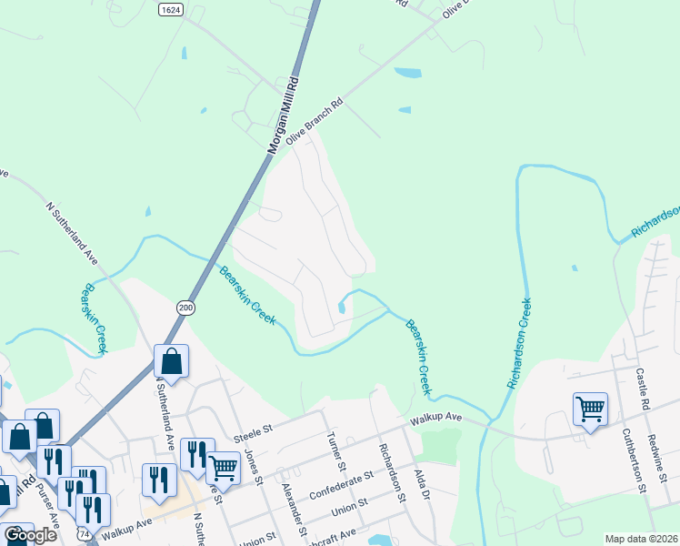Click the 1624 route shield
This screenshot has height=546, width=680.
(x=169, y=9)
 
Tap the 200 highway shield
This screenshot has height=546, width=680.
(x=185, y=308)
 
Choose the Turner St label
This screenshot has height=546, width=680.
(x=334, y=451)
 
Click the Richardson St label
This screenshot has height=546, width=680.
(x=391, y=471)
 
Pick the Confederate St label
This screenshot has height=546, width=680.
(x=341, y=483)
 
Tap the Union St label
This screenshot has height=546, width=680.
(x=349, y=505)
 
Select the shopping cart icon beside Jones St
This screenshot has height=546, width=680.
(x=223, y=468)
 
